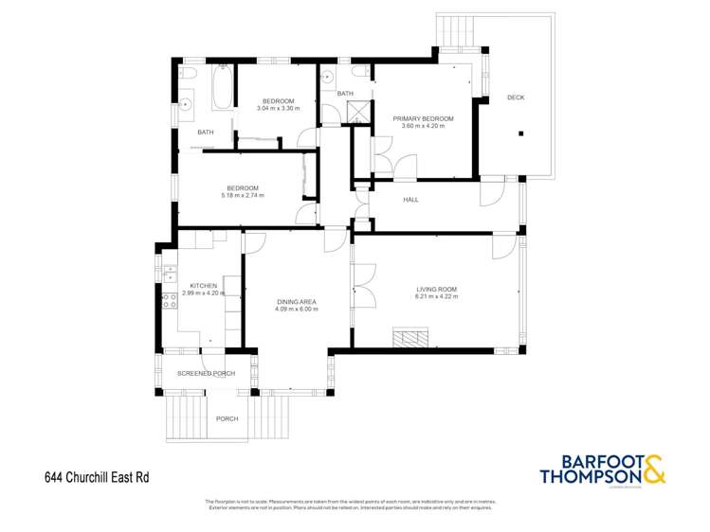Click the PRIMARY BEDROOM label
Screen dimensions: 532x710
[x=423, y=118]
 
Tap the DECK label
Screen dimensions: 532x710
[x=515, y=98]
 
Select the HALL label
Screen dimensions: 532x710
[x=410, y=200]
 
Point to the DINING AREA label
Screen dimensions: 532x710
[x=295, y=302]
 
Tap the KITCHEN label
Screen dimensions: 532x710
[x=203, y=285]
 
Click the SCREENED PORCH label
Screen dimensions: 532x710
[x=206, y=373]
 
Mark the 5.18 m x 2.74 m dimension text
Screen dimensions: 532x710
[x=243, y=195]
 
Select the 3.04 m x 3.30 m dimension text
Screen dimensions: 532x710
[x=277, y=108]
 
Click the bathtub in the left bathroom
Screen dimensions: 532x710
[x=223, y=87]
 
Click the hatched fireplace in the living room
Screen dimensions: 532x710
[x=411, y=337]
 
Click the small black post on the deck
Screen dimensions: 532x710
[x=519, y=133]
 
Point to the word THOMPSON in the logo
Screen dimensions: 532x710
[x=590, y=476]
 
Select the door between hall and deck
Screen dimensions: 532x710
[x=491, y=192]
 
